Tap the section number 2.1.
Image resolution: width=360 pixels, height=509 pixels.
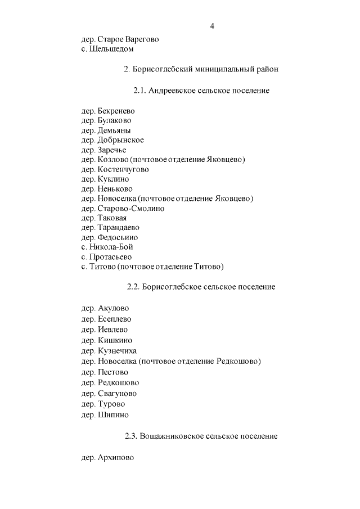[140, 91]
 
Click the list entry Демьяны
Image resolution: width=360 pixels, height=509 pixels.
[114, 130]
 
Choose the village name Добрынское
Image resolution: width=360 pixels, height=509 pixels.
[120, 140]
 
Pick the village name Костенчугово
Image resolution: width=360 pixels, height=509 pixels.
[123, 169]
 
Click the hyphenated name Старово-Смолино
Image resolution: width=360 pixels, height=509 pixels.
[130, 208]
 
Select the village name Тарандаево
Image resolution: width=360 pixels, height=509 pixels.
[118, 227]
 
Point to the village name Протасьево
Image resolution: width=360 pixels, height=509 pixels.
[111, 256]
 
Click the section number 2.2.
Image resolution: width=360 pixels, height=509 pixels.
[133, 287]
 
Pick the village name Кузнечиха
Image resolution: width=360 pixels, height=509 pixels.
[117, 351]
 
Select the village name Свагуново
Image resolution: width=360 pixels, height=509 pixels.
[117, 394]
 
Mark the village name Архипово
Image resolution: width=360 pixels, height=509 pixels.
[115, 458]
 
